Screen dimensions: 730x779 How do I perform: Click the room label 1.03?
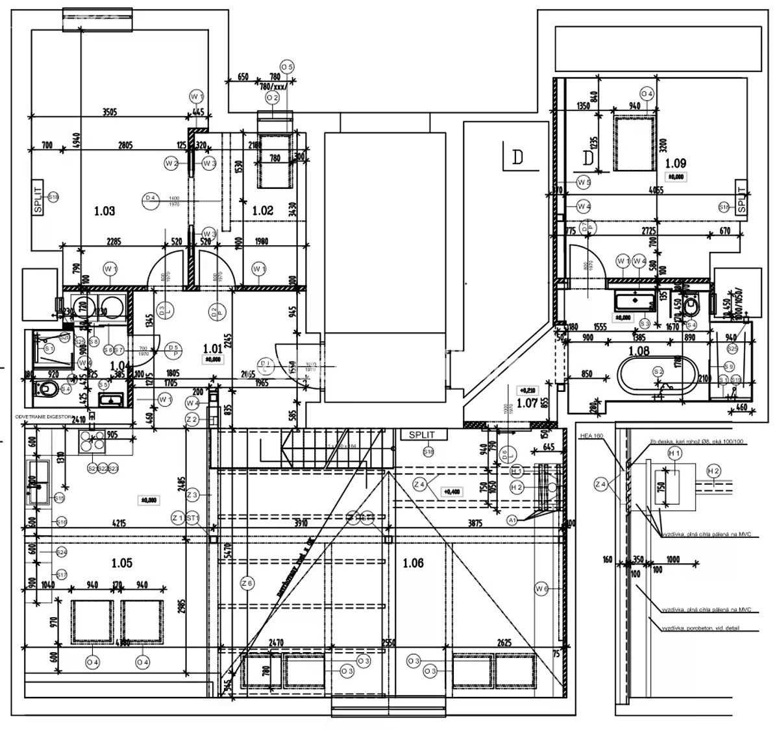pos(104,210)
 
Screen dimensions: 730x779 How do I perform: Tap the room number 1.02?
pos(263,210)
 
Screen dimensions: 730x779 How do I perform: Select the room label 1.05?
pos(121,563)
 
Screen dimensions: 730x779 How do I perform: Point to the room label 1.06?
pos(413,563)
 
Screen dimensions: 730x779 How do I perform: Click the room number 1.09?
pos(675,164)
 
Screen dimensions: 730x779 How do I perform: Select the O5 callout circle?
pos(287,67)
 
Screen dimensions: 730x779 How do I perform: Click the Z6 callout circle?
pos(246,583)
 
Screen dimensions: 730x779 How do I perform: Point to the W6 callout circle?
pos(541,589)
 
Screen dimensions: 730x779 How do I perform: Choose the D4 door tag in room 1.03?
pos(151,197)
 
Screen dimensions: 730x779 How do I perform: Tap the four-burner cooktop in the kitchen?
pos(91,441)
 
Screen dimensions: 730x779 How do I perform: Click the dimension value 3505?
pos(109,112)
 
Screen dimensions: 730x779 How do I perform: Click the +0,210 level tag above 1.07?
pos(526,391)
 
